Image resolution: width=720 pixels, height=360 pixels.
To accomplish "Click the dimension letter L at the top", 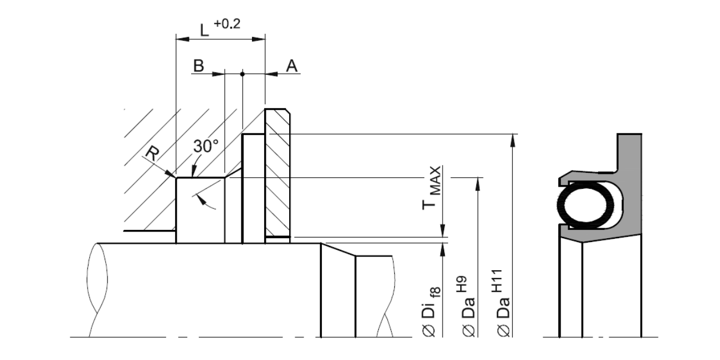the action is click(204, 30).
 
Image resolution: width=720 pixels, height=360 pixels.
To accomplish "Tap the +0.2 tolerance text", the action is click(227, 24).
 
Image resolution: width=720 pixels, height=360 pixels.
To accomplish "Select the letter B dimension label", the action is click(199, 65).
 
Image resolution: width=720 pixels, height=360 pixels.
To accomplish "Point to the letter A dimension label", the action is click(291, 65).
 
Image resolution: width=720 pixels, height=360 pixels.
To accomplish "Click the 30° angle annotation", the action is click(205, 146).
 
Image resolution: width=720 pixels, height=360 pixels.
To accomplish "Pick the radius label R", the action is click(152, 153).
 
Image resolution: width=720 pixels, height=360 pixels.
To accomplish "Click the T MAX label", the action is click(431, 188).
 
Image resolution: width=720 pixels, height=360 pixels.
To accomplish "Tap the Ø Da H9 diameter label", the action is click(467, 306).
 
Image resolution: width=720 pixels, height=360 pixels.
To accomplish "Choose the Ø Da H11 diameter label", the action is click(502, 303).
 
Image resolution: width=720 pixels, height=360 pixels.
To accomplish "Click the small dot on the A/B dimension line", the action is click(243, 74).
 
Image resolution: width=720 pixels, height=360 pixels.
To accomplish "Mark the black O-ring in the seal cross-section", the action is click(585, 205).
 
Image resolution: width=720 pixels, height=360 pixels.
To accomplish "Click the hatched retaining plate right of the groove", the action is click(277, 173).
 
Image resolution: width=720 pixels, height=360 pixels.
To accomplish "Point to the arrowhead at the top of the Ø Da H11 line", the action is click(513, 140).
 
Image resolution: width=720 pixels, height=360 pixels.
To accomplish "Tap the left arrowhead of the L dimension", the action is click(183, 39).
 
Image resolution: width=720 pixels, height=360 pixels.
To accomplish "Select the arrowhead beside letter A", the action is click(271, 74).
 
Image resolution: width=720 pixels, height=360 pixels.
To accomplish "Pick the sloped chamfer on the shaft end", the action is click(338, 249).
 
